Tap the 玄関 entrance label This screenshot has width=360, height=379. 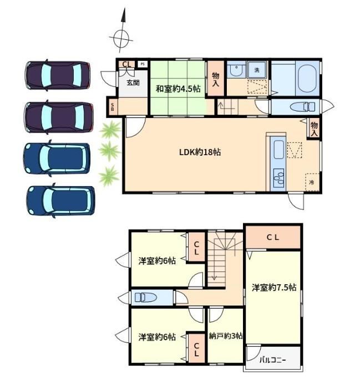(133, 83)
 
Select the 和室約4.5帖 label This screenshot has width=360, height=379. (178, 89)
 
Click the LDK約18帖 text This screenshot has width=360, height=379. (200, 152)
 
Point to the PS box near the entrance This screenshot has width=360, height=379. (143, 64)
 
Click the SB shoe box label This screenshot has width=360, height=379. (113, 106)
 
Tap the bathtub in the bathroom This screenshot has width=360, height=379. (307, 78)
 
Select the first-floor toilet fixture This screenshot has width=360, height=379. (302, 106)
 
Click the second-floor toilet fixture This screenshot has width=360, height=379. (145, 297)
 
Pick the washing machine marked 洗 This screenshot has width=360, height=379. (257, 70)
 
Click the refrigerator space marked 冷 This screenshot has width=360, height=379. (312, 182)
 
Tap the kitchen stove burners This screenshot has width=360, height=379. (278, 178)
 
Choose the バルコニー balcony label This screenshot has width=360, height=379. (273, 360)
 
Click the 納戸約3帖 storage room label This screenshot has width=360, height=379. (226, 336)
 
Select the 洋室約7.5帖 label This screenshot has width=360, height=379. (273, 288)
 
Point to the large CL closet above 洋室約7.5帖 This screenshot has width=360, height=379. (273, 237)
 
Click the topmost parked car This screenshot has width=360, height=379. (58, 75)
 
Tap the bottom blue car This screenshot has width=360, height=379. (60, 201)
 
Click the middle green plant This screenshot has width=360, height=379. (109, 151)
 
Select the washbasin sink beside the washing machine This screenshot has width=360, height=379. (236, 70)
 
